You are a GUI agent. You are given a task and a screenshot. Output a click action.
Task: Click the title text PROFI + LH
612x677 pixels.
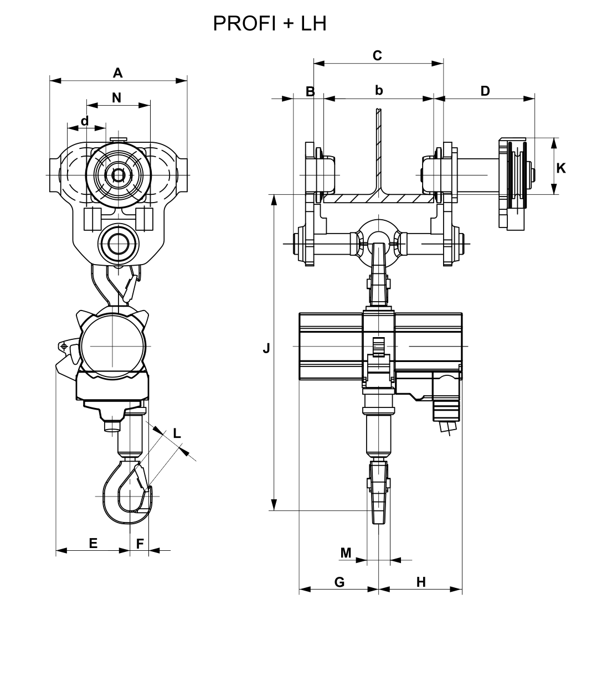(270, 23)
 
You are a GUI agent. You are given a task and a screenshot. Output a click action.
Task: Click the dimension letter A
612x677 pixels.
(117, 73)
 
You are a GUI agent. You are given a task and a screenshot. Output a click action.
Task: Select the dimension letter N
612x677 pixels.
(116, 98)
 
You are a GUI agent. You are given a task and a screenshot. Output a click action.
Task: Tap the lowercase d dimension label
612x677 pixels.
(85, 121)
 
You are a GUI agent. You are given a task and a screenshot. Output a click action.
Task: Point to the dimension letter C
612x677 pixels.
(377, 55)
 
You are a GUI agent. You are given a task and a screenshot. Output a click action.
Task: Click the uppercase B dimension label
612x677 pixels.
(310, 91)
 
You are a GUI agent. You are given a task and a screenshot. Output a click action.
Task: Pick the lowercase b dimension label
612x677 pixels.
(379, 90)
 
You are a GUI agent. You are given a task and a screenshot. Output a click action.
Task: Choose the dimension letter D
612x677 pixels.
(485, 91)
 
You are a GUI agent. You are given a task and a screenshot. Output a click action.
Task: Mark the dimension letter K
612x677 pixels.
(561, 168)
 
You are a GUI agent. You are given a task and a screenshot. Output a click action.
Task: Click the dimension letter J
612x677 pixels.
(266, 348)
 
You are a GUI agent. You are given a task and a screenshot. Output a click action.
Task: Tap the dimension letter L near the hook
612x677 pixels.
(177, 433)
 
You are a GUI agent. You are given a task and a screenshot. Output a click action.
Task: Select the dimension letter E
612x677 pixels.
(93, 543)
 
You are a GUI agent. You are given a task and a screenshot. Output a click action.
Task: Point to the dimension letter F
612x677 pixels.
(140, 544)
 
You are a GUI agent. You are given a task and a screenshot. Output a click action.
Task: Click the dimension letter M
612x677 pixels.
(346, 552)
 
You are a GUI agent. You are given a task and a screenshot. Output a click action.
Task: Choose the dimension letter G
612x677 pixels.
(340, 582)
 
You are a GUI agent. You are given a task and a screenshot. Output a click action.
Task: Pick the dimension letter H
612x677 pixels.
(421, 582)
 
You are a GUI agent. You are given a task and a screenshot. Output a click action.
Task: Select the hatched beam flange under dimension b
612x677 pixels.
(378, 197)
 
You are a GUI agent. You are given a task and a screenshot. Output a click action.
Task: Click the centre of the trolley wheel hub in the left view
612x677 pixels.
(118, 175)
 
